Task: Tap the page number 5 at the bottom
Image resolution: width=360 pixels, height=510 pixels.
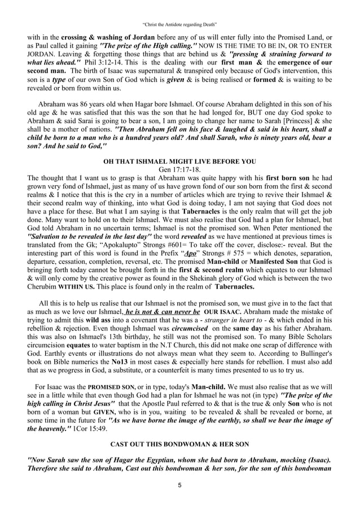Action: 179,485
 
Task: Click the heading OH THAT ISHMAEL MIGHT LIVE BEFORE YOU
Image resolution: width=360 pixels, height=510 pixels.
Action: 179,161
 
